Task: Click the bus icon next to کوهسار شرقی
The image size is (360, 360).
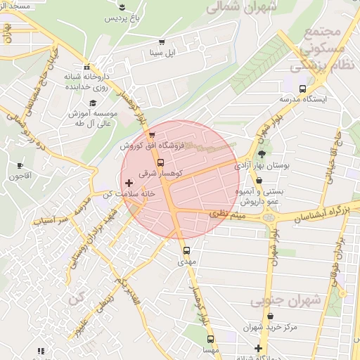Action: tap(161, 162)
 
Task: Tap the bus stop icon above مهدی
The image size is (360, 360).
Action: tap(186, 250)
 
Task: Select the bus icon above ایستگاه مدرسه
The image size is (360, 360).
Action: tap(302, 89)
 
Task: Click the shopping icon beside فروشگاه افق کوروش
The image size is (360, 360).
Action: tap(152, 135)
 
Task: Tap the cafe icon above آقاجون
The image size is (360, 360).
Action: tap(20, 166)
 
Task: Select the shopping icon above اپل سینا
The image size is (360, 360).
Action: tap(163, 42)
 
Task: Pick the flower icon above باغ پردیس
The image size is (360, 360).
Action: tap(123, 7)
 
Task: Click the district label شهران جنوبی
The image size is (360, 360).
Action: tap(285, 300)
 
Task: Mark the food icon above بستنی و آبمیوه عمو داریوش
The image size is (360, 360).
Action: tap(259, 181)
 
